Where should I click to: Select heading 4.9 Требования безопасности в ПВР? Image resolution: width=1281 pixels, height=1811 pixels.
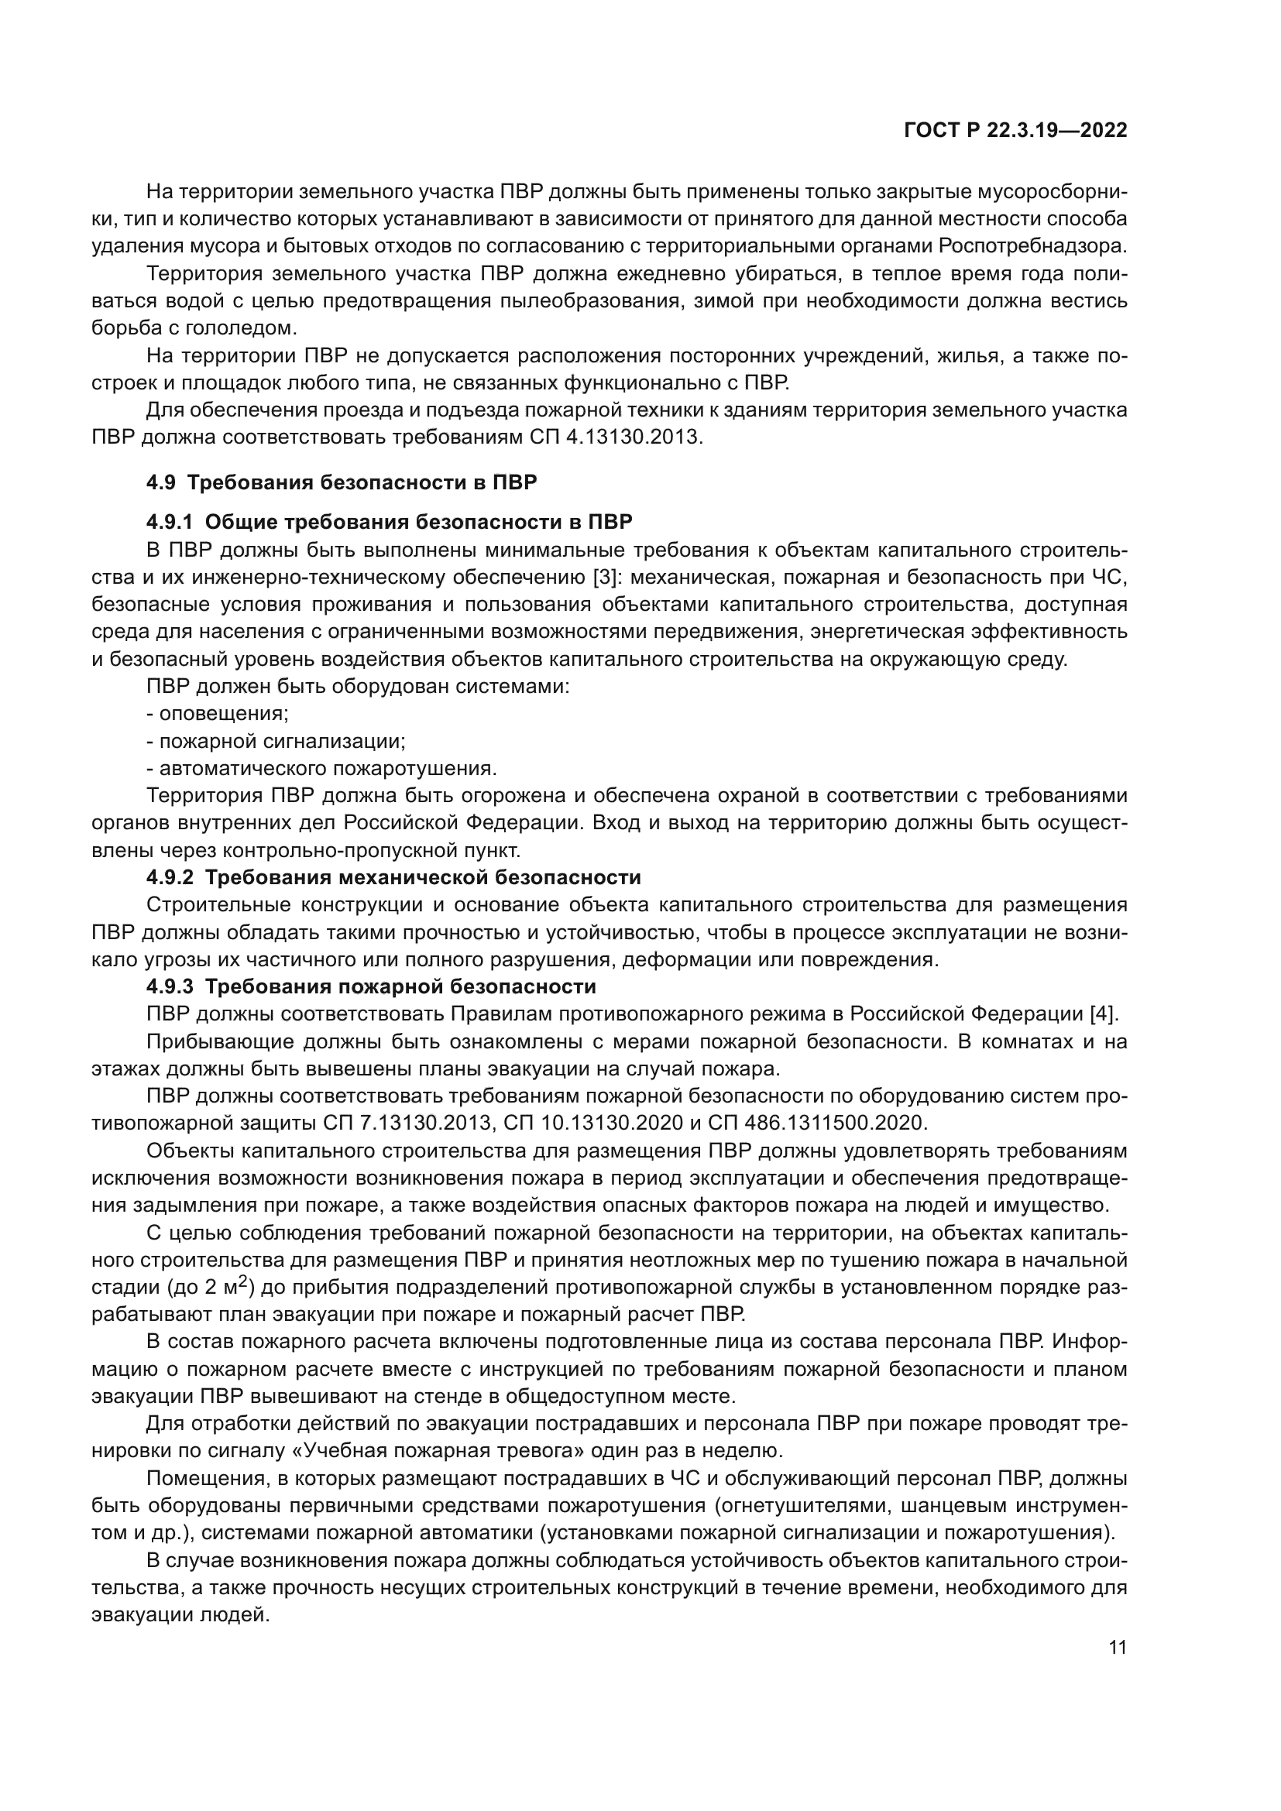click(x=341, y=482)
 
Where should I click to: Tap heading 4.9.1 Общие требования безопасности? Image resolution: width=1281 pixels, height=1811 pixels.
click(x=389, y=522)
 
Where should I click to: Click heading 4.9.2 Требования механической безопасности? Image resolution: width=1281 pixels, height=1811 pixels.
click(x=393, y=877)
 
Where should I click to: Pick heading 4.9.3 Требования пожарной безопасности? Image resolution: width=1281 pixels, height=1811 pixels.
click(x=371, y=986)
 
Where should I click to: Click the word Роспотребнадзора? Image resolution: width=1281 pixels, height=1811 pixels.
click(x=1032, y=246)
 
